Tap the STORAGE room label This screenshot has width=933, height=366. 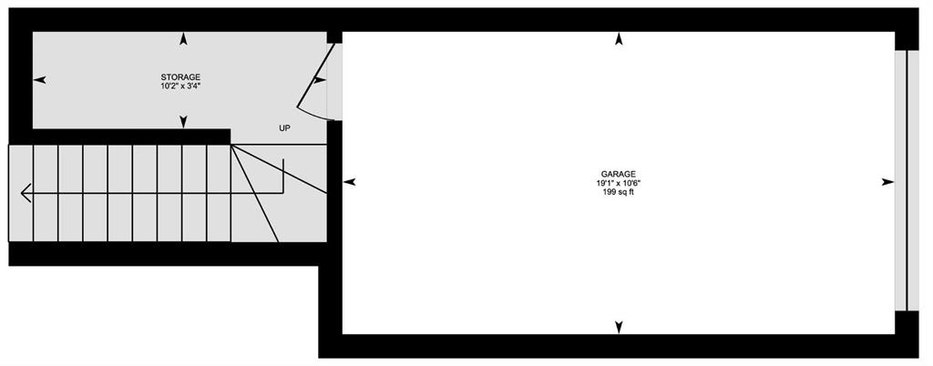(180, 77)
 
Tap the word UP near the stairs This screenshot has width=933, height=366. (284, 128)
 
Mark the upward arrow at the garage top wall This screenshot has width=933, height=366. (619, 40)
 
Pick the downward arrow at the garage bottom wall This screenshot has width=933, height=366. (619, 327)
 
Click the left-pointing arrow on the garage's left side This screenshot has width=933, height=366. (350, 182)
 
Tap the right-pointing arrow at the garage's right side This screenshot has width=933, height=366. (887, 182)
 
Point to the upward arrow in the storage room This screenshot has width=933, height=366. (183, 40)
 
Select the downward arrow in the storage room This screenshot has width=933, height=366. (183, 122)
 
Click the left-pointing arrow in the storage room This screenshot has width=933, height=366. (39, 80)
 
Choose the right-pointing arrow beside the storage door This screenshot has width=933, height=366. (320, 80)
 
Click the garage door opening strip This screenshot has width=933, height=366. (901, 180)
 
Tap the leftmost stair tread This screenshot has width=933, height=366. (21, 193)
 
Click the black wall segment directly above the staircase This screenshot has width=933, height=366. (119, 137)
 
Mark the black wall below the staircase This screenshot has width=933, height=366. (168, 254)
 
